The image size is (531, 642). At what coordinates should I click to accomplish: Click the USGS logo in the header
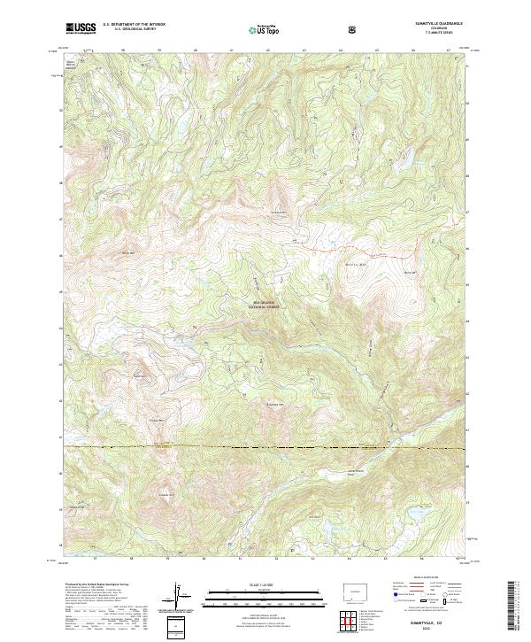pos(81,28)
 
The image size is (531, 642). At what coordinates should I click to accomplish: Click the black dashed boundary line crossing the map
pos(265,448)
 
